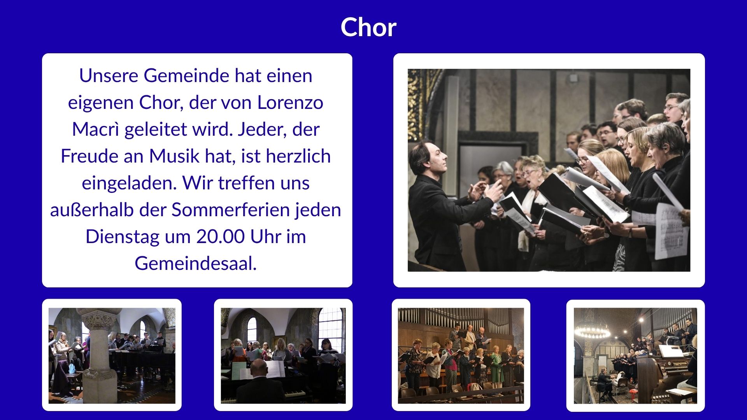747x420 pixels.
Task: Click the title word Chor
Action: point(368,27)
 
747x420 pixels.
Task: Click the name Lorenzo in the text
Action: point(290,102)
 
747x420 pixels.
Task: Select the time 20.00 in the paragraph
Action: point(221,236)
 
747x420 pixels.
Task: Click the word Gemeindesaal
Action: point(196,263)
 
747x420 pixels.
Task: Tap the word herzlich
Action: point(298,156)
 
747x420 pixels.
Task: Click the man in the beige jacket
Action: point(470,338)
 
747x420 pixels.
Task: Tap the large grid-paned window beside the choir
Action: point(331,329)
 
